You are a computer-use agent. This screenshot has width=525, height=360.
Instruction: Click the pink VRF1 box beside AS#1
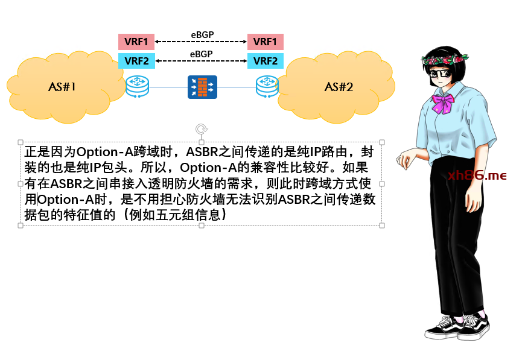click(x=136, y=42)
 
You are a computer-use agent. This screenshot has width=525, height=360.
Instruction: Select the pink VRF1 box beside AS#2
click(x=266, y=42)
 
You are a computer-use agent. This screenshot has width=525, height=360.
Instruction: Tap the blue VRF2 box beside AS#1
click(x=136, y=61)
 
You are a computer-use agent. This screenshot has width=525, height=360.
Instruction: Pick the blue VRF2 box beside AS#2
click(x=266, y=61)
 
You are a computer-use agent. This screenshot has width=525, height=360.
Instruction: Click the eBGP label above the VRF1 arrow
click(x=202, y=35)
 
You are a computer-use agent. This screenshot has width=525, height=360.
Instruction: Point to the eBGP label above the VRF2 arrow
click(x=201, y=54)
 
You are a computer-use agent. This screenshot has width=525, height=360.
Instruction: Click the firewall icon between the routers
click(x=202, y=87)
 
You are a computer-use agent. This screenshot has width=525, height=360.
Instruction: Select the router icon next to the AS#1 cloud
click(x=137, y=86)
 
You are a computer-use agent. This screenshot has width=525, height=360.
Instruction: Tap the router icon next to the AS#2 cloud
click(x=267, y=86)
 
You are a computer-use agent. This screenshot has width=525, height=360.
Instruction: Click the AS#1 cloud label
click(x=62, y=87)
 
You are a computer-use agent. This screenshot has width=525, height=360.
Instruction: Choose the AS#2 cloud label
click(x=339, y=87)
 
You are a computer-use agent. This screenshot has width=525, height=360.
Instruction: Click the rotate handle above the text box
click(x=201, y=129)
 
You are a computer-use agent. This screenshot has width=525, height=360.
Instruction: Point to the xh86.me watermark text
click(x=477, y=175)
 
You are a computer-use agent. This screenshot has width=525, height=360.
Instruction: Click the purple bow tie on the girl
click(x=443, y=103)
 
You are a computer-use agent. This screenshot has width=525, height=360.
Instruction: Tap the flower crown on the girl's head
click(x=445, y=59)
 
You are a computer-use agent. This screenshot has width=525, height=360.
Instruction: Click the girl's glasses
click(x=441, y=74)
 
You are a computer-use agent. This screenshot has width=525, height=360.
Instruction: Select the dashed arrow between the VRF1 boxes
click(x=201, y=42)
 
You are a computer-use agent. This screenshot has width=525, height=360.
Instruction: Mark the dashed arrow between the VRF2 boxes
click(x=201, y=61)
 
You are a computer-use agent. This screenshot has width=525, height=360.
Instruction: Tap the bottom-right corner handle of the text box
click(x=382, y=226)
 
